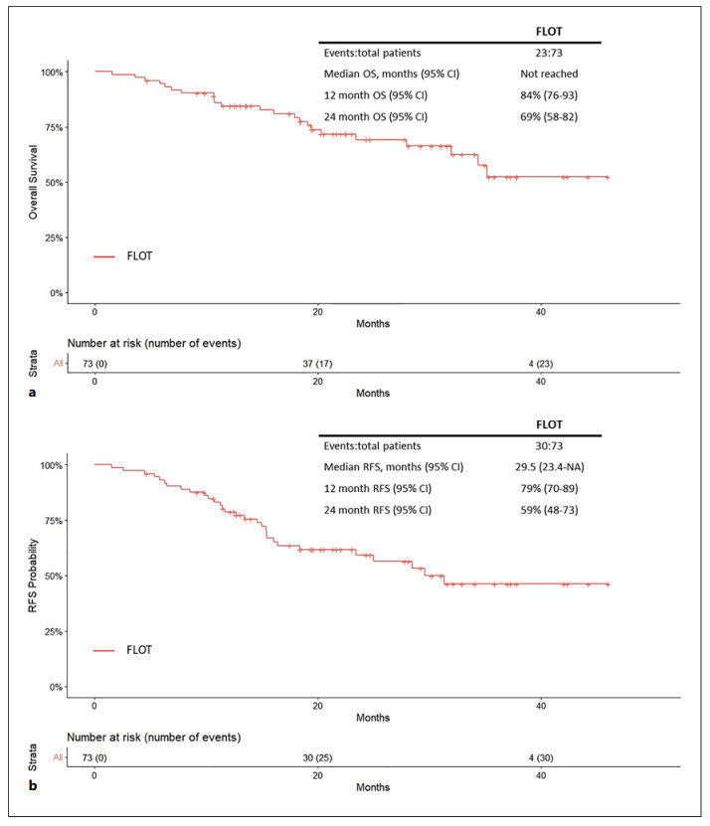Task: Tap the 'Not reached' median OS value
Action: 549,75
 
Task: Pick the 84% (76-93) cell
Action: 549,95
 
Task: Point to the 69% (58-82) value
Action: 549,116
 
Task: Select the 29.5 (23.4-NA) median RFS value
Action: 549,468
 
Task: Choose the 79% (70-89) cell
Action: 549,489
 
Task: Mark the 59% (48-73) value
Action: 549,510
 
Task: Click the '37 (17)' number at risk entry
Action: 318,363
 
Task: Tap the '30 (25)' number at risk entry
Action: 318,756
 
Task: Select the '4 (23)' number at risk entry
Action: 542,363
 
